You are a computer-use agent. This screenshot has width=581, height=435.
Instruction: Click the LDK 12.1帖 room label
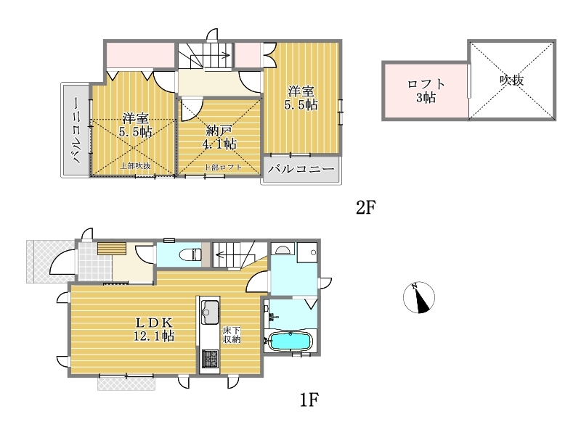click(x=154, y=329)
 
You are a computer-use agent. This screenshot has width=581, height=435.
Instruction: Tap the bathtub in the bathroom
click(x=290, y=341)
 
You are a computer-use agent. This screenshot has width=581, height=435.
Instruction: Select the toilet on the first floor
click(x=190, y=254)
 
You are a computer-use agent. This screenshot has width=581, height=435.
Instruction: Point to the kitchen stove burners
click(x=210, y=359)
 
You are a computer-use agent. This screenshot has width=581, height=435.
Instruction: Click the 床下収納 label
click(x=232, y=334)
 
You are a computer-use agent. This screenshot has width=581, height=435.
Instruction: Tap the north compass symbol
click(x=419, y=297)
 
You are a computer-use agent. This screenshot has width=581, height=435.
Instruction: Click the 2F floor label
click(x=366, y=207)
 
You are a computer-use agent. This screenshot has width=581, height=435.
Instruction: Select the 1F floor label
click(x=309, y=399)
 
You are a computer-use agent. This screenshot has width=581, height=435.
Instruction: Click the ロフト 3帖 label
click(x=426, y=91)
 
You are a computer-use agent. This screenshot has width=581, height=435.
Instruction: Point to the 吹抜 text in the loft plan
click(x=512, y=80)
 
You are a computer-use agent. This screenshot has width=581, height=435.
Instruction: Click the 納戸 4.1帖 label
click(x=219, y=137)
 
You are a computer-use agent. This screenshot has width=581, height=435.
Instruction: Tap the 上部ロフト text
click(x=223, y=167)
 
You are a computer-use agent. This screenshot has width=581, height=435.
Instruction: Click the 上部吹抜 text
click(x=135, y=166)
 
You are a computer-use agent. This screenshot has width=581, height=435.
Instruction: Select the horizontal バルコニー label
click(x=301, y=170)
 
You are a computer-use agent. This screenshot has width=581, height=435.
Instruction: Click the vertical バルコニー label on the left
click(x=76, y=130)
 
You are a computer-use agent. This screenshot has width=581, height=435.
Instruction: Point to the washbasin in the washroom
click(x=283, y=249)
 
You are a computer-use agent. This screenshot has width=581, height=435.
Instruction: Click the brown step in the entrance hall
click(x=112, y=248)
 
